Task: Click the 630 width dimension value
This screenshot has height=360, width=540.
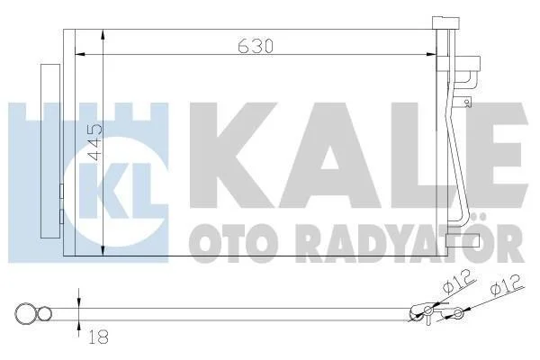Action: pyautogui.click(x=256, y=46)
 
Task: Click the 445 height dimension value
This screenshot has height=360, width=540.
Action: pyautogui.click(x=95, y=142)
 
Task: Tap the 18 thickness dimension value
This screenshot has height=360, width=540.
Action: pyautogui.click(x=98, y=337)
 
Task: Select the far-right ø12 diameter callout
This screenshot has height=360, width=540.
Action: pyautogui.click(x=507, y=285)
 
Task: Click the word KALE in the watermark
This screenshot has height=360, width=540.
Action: pyautogui.click(x=358, y=156)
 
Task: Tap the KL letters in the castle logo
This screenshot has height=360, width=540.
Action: pyautogui.click(x=115, y=191)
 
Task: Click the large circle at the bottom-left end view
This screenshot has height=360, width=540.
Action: pyautogui.click(x=25, y=314)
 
